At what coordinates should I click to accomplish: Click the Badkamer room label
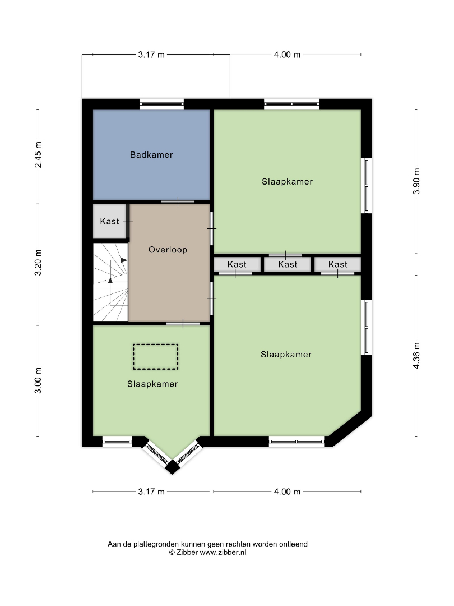pos(151,155)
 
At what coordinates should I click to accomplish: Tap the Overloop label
pos(168,250)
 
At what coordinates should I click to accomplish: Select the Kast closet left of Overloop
pos(110,221)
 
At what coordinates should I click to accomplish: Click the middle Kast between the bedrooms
pos(288,264)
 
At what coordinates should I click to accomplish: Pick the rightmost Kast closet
pos(338,264)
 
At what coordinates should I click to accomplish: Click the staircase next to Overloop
pos(111,282)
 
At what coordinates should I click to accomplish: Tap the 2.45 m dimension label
pos(38,155)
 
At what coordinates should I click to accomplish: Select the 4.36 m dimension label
pos(416,356)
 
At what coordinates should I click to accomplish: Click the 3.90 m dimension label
pos(416,182)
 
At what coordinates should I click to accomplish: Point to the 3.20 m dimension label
pos(38,263)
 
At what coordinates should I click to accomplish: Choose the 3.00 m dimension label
pos(38,380)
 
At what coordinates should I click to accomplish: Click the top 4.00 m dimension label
pos(287,54)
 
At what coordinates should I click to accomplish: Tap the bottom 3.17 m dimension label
pos(151,492)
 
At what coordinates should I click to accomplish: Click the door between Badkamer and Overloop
pos(178,202)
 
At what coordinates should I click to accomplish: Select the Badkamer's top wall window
pos(162,104)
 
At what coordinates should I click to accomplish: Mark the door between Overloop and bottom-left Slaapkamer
pos(183,324)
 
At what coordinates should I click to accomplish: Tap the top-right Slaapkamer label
pos(287,182)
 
